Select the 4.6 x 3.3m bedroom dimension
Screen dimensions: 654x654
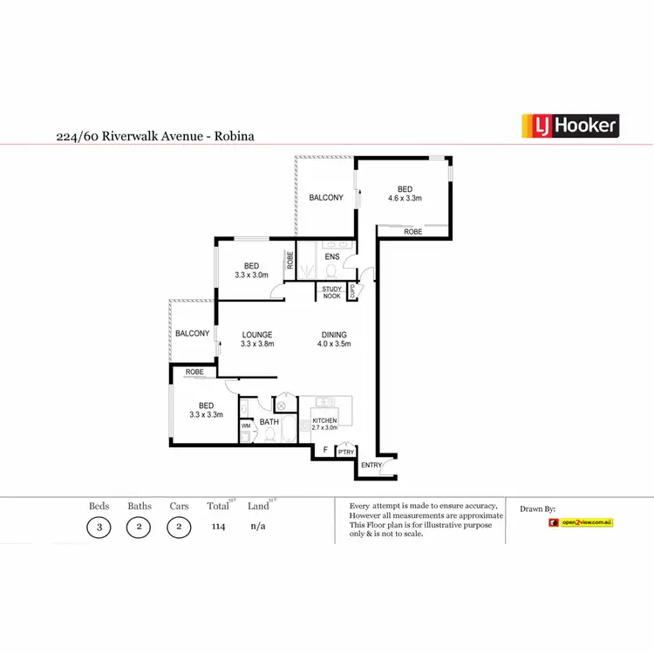[x=405, y=199]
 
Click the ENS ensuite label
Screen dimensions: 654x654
[x=332, y=257]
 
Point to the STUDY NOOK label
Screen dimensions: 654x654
[x=331, y=293]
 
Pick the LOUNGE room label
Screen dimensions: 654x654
[x=257, y=335]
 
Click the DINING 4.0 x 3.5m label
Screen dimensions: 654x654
[x=334, y=339]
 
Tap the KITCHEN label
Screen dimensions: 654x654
[x=324, y=421]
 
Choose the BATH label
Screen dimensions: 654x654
[x=269, y=422]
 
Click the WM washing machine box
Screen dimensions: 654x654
[x=246, y=426]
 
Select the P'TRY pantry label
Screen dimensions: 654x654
[x=345, y=451]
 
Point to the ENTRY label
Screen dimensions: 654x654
[x=371, y=466]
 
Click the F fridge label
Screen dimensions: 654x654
[x=325, y=450]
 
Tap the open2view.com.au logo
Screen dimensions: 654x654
[x=581, y=522]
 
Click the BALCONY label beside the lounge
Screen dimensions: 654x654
[x=192, y=334]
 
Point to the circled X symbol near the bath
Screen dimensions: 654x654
[x=283, y=405]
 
